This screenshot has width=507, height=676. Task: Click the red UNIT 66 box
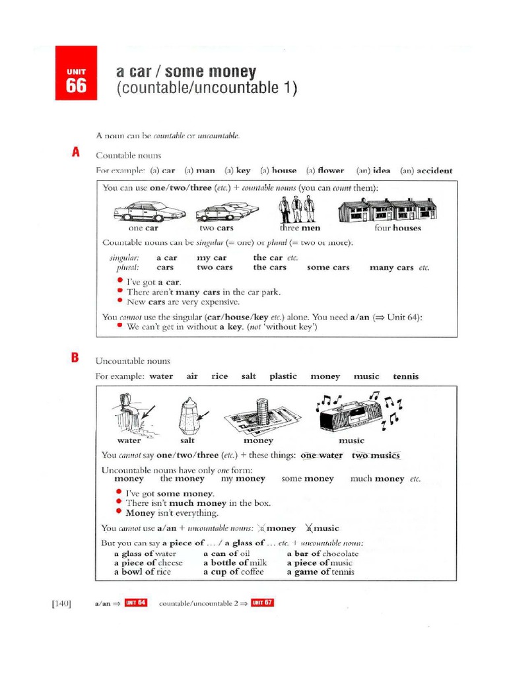click(x=76, y=73)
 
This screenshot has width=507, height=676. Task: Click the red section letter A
click(x=76, y=152)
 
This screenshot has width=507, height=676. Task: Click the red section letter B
click(x=75, y=358)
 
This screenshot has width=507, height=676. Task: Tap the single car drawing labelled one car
click(x=149, y=211)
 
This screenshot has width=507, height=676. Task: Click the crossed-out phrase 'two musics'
click(x=376, y=456)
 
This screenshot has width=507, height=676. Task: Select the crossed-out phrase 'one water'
click(x=321, y=456)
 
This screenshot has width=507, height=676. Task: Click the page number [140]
click(x=61, y=603)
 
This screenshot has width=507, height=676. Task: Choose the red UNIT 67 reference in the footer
click(x=262, y=603)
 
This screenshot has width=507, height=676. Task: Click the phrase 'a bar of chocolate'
click(x=323, y=554)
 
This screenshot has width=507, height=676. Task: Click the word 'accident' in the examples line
click(x=435, y=170)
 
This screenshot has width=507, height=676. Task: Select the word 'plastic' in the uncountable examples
click(x=283, y=376)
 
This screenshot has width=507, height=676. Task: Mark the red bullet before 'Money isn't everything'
click(x=119, y=512)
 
